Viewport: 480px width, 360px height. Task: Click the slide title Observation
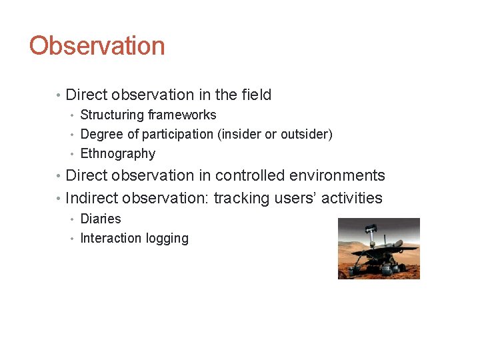(x=97, y=46)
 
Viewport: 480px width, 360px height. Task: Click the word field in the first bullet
(x=256, y=95)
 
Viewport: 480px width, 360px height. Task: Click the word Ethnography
(x=118, y=154)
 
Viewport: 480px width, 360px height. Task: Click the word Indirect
(x=91, y=198)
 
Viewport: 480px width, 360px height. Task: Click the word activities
(x=351, y=198)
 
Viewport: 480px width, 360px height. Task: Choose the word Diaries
(x=101, y=219)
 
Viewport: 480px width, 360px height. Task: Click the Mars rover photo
(x=379, y=248)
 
